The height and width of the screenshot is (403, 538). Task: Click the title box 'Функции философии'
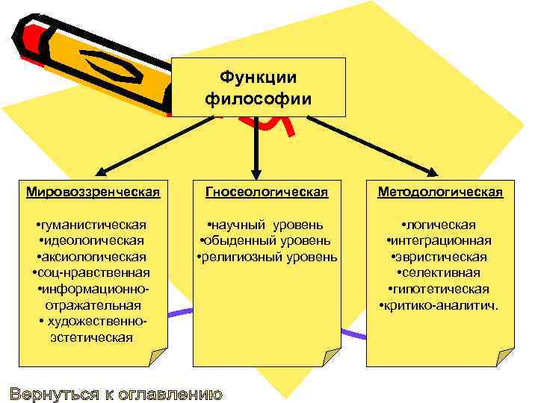[x=259, y=87]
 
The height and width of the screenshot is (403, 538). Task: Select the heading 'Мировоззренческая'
[x=93, y=193]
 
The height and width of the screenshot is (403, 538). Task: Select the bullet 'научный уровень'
[x=267, y=225]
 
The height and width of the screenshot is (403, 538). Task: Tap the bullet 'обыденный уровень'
[x=267, y=240]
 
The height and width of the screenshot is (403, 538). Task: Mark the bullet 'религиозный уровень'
[x=267, y=257]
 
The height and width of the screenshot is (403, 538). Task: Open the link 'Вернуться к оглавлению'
[x=116, y=393]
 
